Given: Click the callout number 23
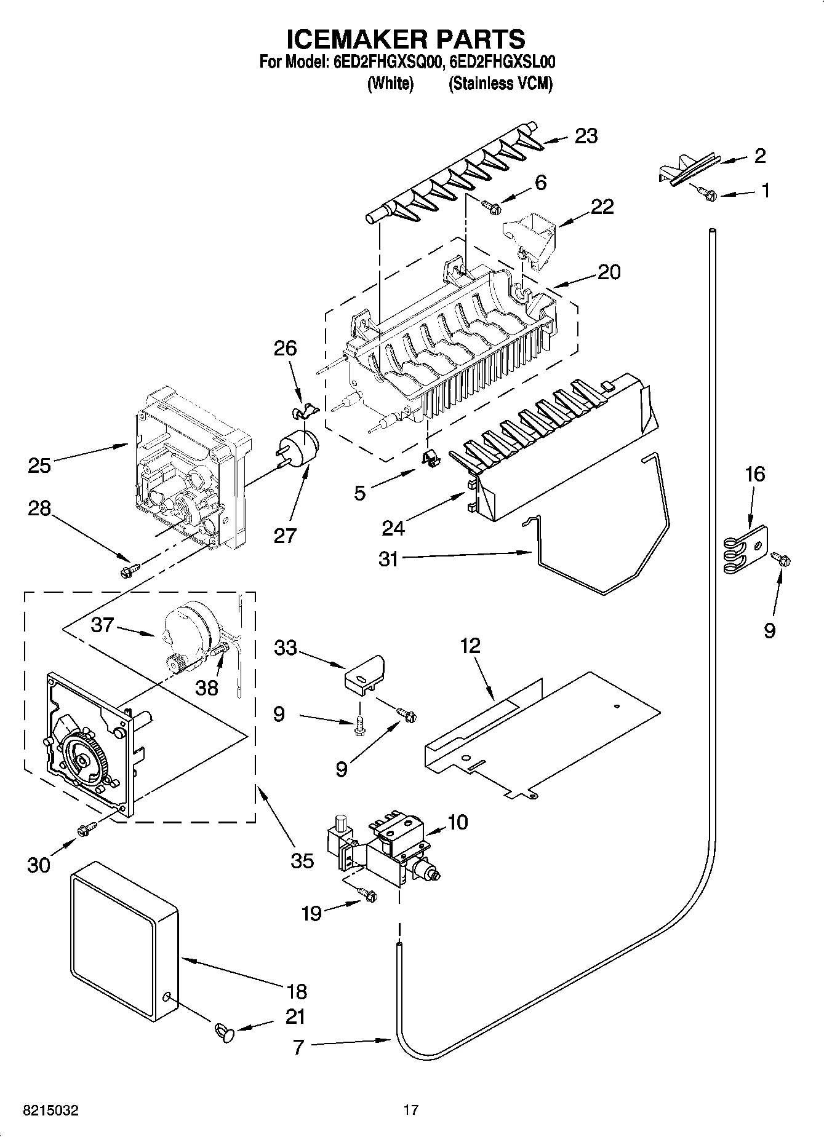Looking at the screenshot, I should tap(585, 136).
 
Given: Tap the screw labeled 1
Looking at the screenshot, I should tap(707, 193).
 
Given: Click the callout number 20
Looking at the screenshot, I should tap(609, 272).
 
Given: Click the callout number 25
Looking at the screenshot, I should tap(39, 465).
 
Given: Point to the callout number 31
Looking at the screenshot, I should tap(389, 560).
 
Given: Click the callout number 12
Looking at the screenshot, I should tap(470, 646).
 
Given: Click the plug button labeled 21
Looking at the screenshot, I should tap(225, 1032).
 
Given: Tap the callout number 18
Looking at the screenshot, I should tap(297, 991).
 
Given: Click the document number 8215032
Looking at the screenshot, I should tap(50, 1111).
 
